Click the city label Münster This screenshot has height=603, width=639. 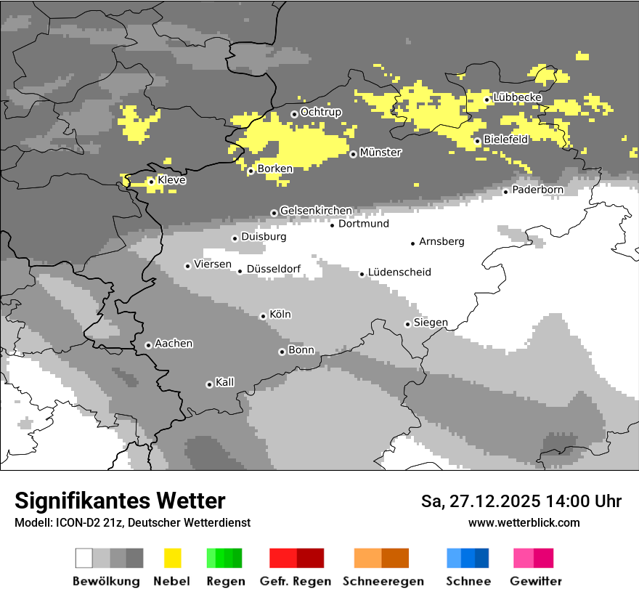[380, 153]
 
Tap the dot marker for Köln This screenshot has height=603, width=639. [263, 316]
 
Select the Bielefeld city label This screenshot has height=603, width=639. [506, 139]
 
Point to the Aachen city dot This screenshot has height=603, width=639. [148, 345]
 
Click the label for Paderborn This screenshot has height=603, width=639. [537, 190]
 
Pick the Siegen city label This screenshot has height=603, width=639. [431, 323]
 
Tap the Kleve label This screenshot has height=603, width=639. [171, 180]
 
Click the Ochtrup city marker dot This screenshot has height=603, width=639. [294, 113]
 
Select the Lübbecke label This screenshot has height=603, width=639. [517, 98]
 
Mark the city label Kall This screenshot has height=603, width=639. [224, 382]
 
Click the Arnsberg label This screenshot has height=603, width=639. [441, 242]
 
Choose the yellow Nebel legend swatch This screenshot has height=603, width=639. [173, 558]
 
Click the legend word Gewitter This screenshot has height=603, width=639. [535, 581]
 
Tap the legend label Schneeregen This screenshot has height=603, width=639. [383, 581]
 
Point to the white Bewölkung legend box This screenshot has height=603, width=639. [84, 558]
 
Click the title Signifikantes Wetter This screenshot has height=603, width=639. [120, 501]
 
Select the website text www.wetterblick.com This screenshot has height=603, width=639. [524, 522]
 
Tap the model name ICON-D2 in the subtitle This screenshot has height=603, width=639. [76, 522]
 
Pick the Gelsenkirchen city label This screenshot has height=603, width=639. [316, 211]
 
